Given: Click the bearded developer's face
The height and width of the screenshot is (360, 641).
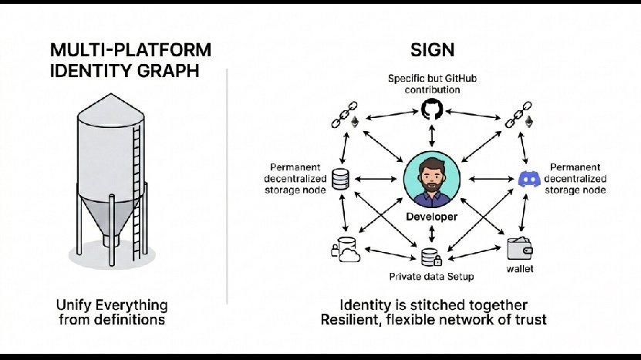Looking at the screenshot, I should (x=431, y=176).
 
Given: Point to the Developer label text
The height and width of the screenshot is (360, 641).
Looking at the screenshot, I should (x=431, y=217).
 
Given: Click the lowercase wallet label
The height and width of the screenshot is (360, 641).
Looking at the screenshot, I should (x=520, y=269).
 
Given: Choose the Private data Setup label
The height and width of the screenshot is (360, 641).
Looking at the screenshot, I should (x=430, y=276).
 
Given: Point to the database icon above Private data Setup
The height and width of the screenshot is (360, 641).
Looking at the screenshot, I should (x=430, y=257).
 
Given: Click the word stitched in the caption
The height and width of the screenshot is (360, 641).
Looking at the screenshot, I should (x=433, y=304).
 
